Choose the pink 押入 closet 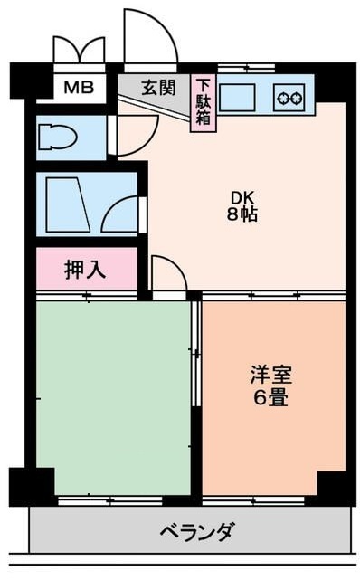click(x=87, y=269)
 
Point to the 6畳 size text click(x=272, y=397)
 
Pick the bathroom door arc click(x=120, y=217)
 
